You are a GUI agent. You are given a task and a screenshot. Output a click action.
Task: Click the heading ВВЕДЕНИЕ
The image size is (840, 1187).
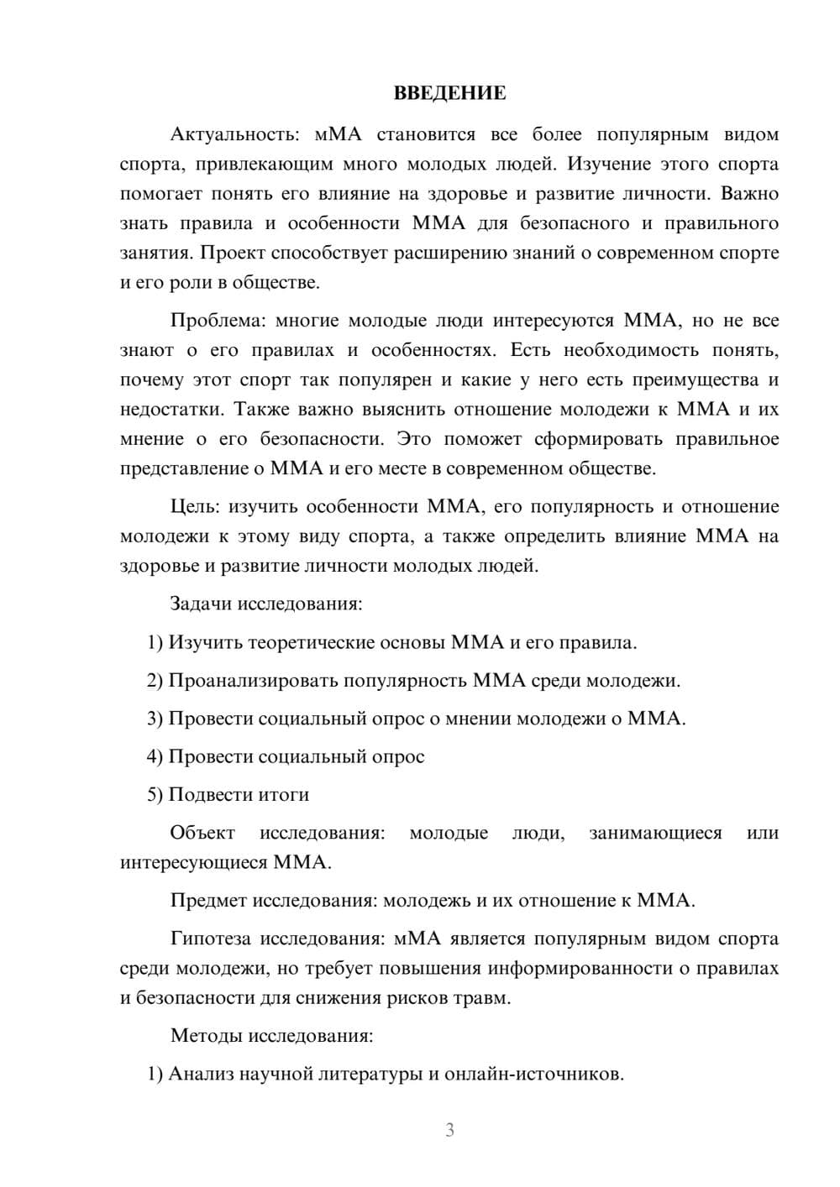click(449, 93)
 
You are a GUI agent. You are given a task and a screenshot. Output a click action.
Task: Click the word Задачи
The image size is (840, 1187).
click(202, 604)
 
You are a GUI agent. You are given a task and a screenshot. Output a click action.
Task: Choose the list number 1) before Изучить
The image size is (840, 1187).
click(155, 643)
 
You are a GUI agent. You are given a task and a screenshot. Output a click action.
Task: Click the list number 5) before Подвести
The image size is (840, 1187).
click(155, 794)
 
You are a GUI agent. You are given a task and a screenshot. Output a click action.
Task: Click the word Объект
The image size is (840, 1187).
click(202, 833)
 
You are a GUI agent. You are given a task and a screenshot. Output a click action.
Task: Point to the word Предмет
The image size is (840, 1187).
click(209, 901)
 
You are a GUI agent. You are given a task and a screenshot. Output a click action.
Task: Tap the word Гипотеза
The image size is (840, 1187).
click(211, 939)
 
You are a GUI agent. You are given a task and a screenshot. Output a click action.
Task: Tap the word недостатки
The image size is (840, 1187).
click(171, 410)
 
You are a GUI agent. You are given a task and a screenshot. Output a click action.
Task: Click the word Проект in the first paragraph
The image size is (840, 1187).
click(233, 253)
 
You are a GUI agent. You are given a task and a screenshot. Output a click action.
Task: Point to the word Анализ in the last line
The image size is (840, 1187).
click(201, 1074)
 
